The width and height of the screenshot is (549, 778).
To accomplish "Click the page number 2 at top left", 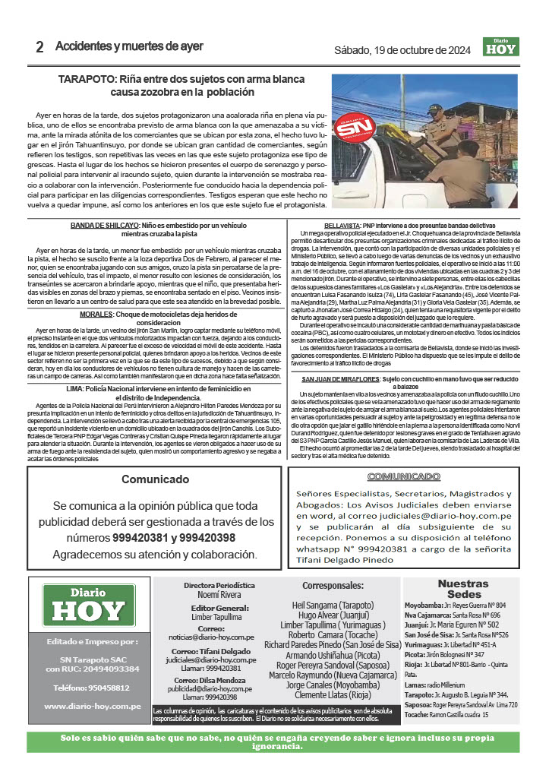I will [x=39, y=46].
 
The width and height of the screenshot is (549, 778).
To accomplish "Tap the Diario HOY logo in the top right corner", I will [x=500, y=46].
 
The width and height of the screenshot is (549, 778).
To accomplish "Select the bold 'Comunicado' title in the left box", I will [x=155, y=479].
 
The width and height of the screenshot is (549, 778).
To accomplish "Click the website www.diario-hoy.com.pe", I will [x=93, y=706].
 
